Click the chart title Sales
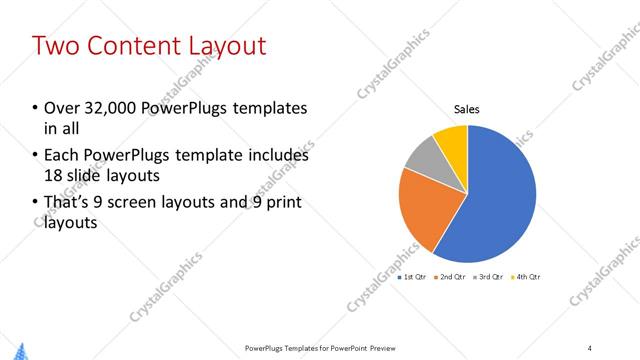click(467, 109)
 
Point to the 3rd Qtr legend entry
click(491, 276)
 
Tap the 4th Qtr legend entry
click(528, 276)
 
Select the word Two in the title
click(55, 46)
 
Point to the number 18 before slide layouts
click(53, 176)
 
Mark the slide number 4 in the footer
click(590, 348)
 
